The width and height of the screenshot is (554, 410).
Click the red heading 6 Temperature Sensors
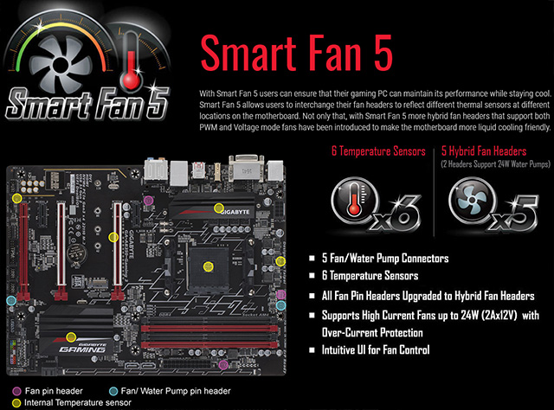379,151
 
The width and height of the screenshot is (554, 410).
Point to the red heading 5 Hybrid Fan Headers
487,151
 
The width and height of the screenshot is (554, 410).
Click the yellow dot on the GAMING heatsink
72,335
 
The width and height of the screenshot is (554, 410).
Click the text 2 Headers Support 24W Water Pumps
493,163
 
